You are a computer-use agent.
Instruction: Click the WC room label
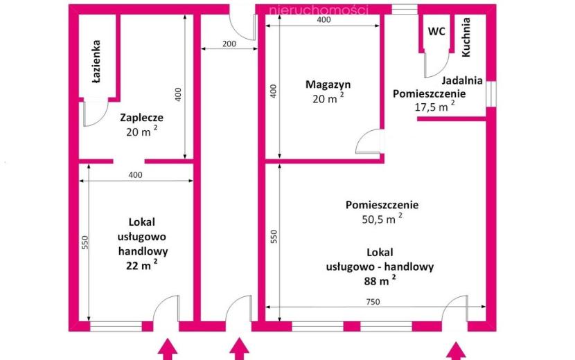coord(436,32)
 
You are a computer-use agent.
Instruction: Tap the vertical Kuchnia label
coord(466,37)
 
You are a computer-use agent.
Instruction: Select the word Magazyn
coord(328,84)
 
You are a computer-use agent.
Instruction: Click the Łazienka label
coord(96,61)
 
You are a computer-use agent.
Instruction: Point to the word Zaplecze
coord(141,118)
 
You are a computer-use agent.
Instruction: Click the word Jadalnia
coord(461,80)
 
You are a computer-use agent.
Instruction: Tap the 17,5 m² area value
coord(434,107)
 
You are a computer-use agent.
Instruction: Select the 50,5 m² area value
coord(382,219)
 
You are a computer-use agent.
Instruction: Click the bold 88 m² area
coord(380,280)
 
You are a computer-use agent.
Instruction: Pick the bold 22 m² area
coord(142,264)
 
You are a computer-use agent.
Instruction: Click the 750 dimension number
coord(373,302)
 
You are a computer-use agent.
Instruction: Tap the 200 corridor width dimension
coord(229,44)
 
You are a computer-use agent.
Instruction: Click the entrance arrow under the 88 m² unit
coord(456,350)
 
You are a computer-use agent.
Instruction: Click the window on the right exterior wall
coord(491,94)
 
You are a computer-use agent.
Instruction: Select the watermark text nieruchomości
coord(318,10)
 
